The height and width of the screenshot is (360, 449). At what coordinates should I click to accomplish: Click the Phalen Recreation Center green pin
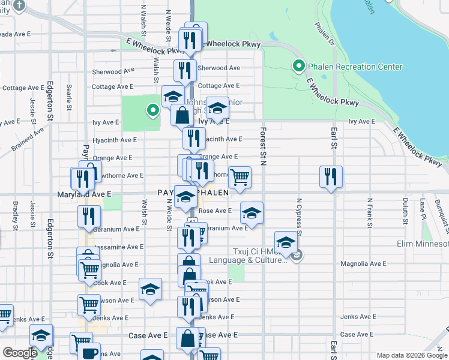click(297, 66)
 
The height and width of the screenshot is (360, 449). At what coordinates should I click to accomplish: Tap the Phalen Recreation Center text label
click(355, 67)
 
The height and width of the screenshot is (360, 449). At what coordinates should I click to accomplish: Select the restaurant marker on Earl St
click(331, 177)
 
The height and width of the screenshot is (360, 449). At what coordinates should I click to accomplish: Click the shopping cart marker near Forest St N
click(240, 178)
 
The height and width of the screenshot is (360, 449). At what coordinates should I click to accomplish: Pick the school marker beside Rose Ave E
click(252, 213)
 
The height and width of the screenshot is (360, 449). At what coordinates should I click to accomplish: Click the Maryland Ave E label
click(85, 194)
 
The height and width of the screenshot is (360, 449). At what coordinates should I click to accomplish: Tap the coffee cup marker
click(90, 352)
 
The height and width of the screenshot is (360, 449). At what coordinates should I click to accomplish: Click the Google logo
click(19, 353)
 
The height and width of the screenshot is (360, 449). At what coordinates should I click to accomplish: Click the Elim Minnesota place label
click(423, 244)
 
